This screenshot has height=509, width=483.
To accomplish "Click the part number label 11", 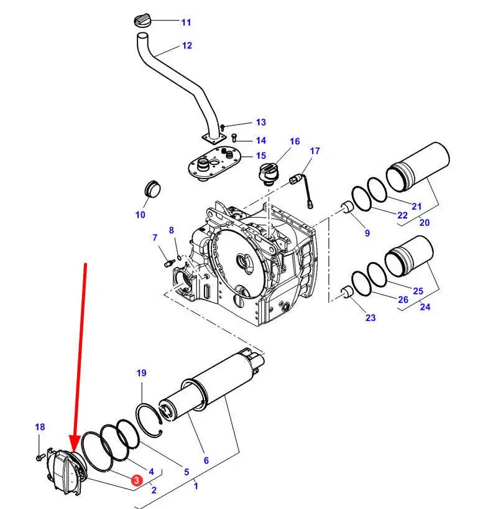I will (186, 22).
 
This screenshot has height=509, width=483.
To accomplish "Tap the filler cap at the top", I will (141, 20).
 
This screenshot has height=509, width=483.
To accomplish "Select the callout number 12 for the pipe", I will (186, 45).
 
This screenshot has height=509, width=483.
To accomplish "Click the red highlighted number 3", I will (136, 480).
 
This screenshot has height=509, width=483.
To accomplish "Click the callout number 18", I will (40, 427).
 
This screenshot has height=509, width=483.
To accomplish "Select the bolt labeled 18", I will (40, 457).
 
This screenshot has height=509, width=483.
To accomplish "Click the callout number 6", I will (206, 461).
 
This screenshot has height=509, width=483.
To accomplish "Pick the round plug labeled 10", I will (151, 187).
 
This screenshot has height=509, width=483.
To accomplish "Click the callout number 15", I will (260, 156).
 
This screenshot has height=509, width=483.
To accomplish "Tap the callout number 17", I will (315, 151).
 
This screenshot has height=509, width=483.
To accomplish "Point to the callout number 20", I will (425, 222).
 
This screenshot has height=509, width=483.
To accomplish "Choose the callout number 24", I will (425, 306).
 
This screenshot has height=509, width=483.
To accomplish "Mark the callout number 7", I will (155, 237).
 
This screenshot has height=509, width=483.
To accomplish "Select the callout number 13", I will (260, 123).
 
